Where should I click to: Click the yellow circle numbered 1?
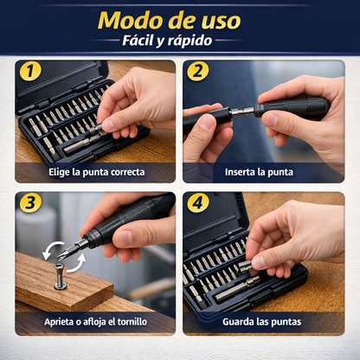(30, 71)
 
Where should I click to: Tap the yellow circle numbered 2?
(198, 71)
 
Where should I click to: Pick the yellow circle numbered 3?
(30, 202)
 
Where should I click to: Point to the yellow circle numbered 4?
(198, 202)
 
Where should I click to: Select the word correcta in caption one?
(128, 172)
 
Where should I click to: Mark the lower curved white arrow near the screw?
(78, 266)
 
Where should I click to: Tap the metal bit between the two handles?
(243, 111)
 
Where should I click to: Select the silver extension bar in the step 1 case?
(82, 144)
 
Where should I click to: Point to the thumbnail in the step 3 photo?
(125, 238)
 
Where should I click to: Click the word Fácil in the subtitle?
(138, 41)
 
